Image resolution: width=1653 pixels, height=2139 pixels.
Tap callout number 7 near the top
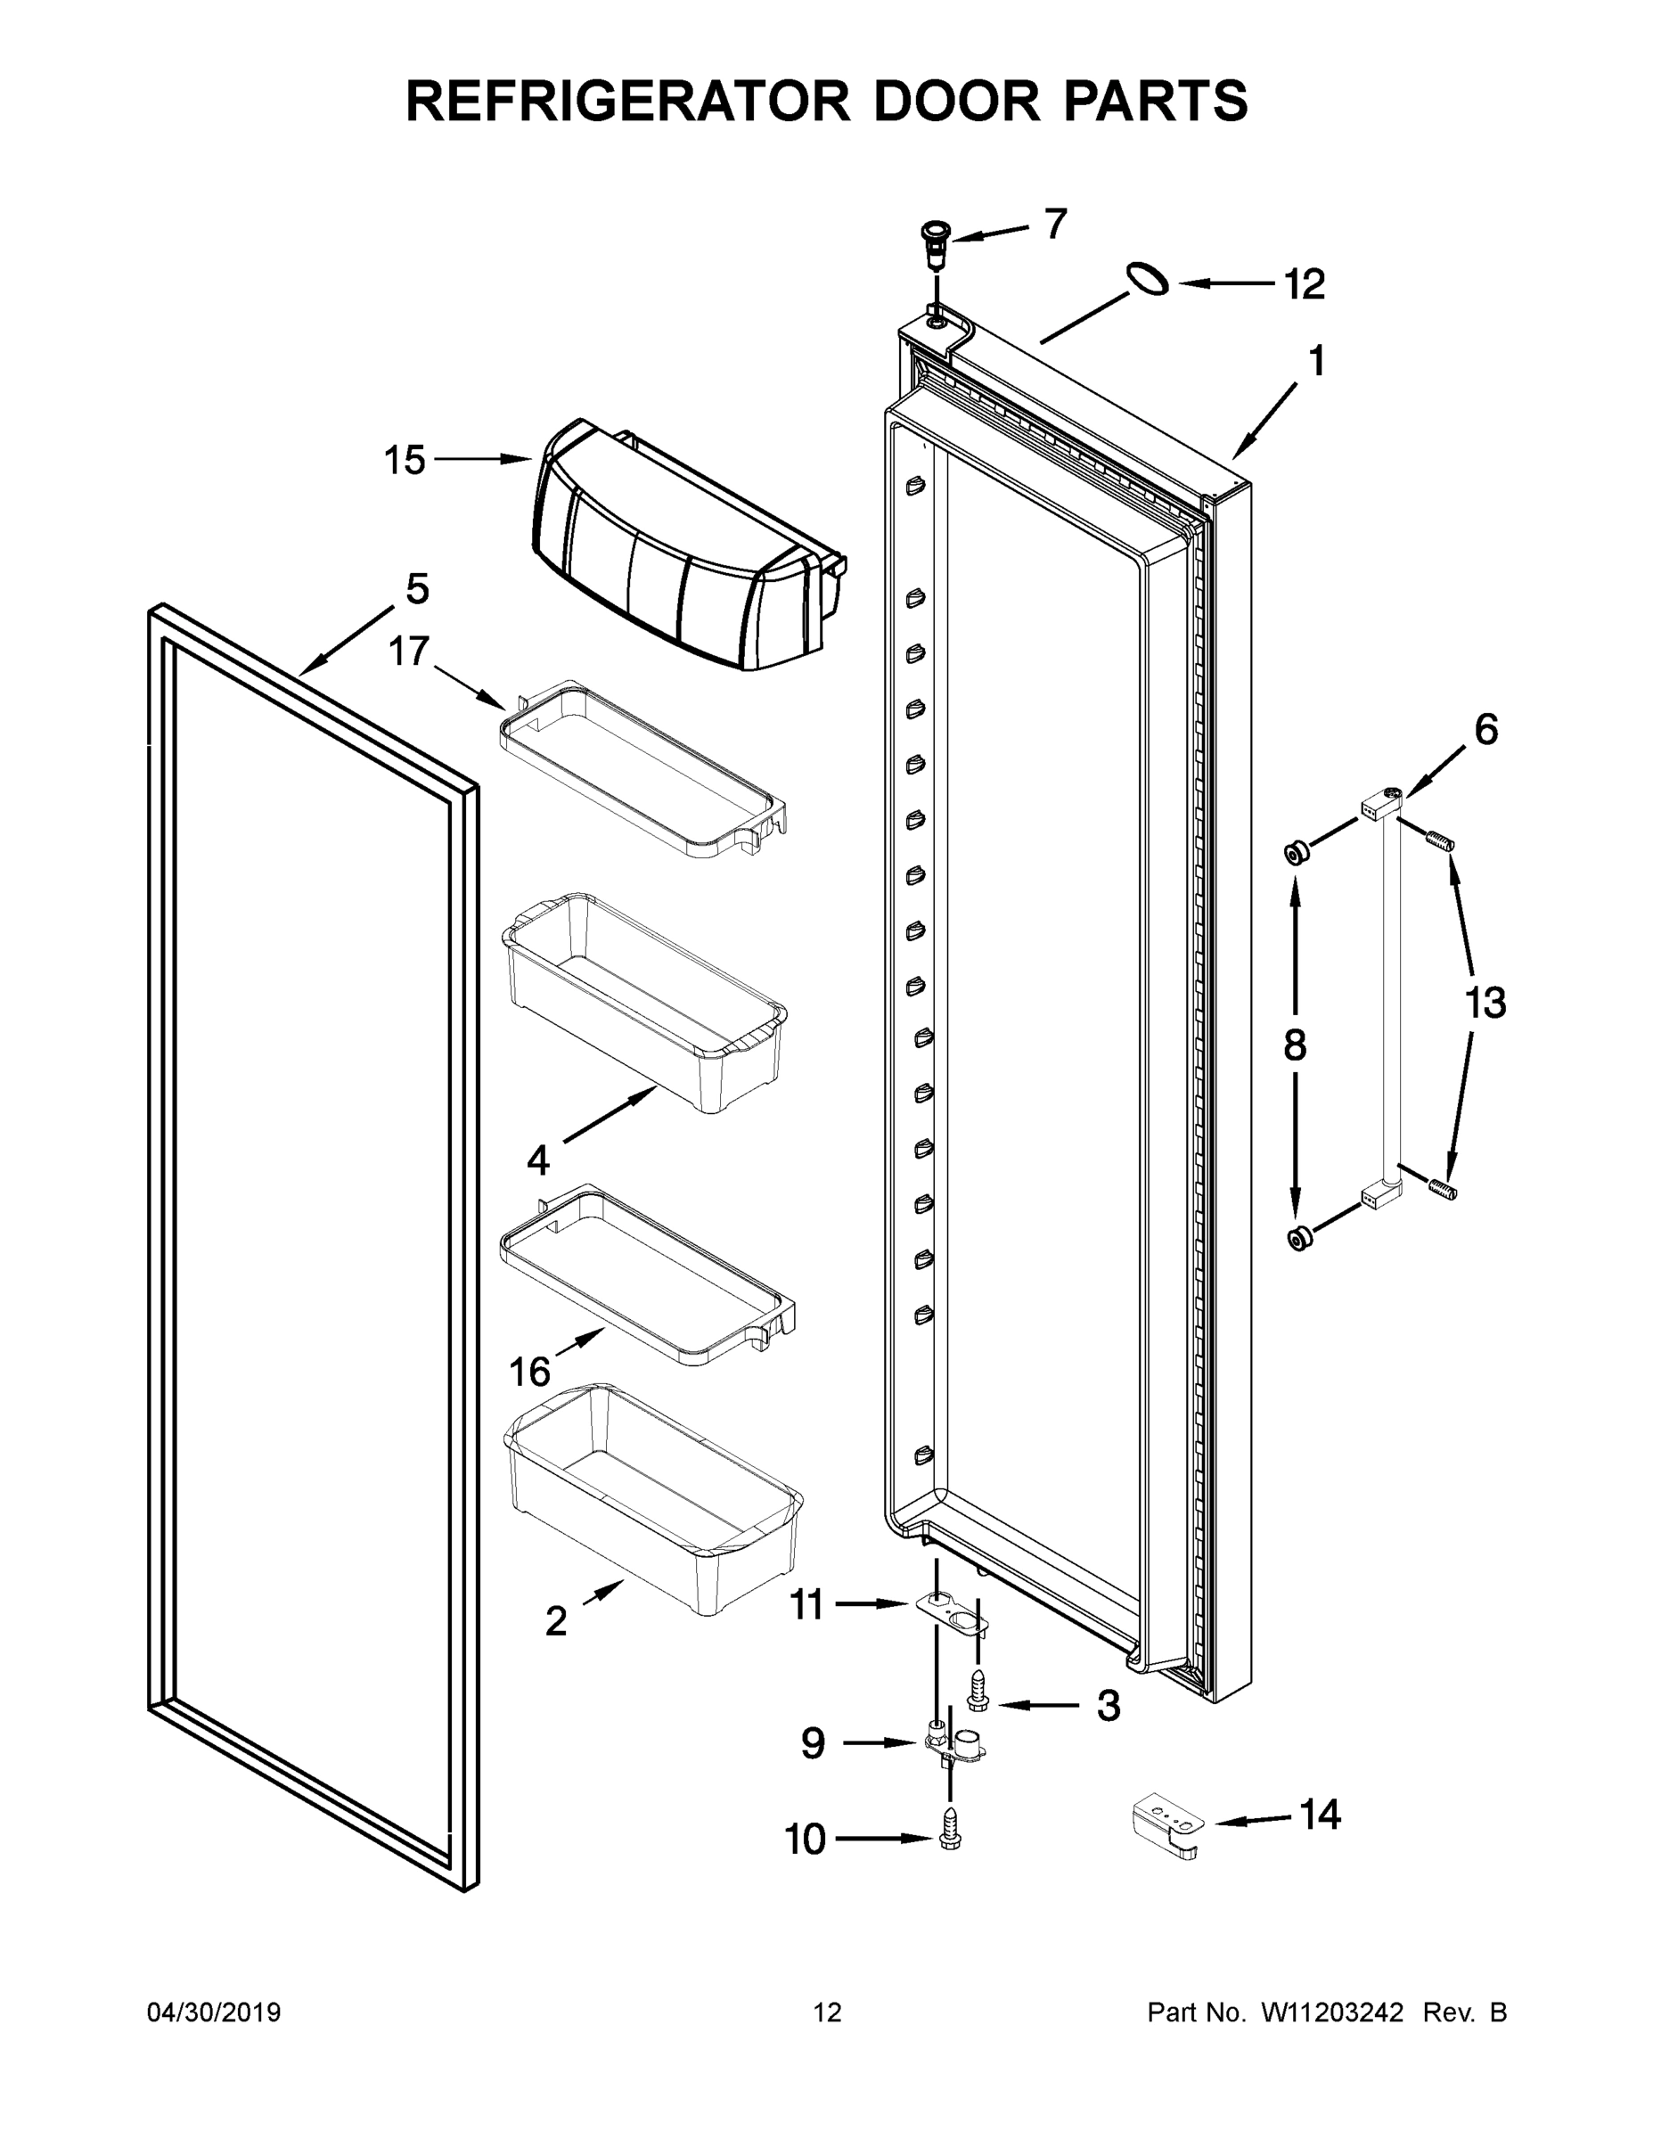(1055, 225)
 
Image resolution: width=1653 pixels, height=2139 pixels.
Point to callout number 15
(405, 459)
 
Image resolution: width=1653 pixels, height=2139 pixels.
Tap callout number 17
(409, 651)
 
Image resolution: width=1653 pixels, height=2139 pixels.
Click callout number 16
(528, 1371)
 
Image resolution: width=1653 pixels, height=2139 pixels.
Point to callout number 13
(1484, 1003)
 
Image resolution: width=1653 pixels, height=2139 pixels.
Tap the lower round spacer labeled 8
(1299, 1239)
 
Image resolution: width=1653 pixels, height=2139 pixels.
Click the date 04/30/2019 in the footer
(214, 2012)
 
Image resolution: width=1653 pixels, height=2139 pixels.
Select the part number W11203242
(1332, 2012)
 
